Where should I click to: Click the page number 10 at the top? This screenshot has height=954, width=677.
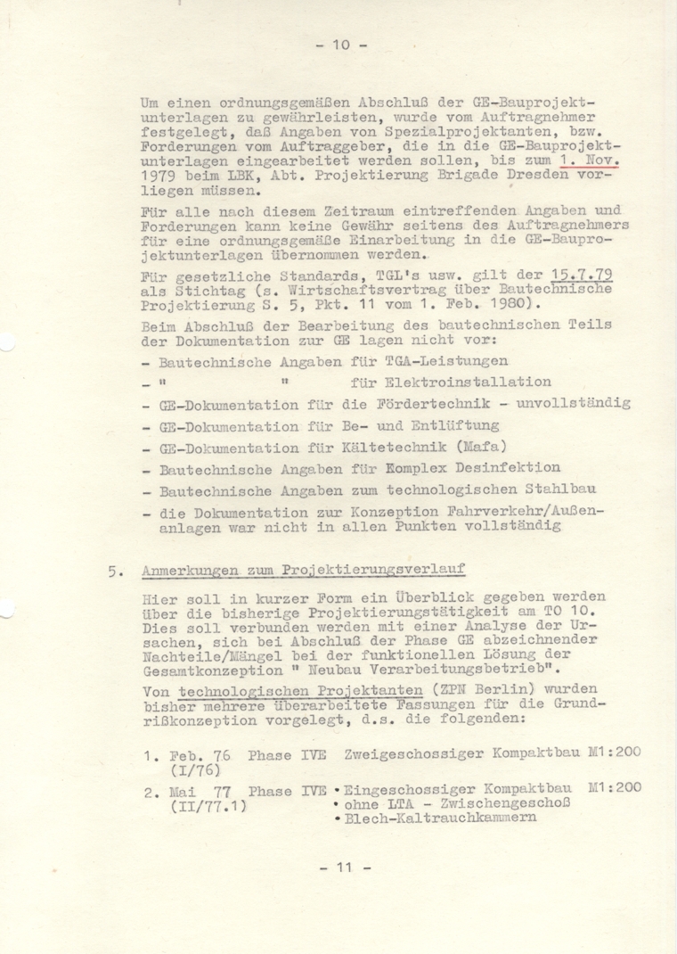338,45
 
